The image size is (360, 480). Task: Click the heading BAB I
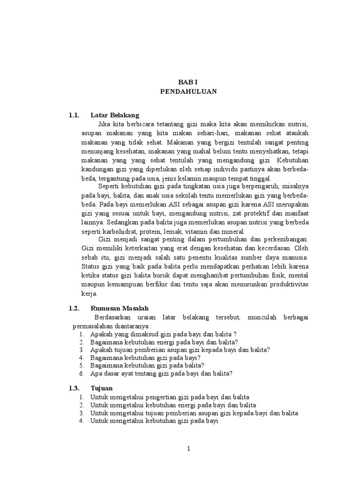(x=188, y=82)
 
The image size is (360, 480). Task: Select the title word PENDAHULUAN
(x=188, y=91)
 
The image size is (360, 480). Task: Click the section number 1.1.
(x=74, y=115)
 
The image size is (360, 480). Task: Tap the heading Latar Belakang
(x=115, y=115)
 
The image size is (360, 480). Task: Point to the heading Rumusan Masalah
(x=120, y=308)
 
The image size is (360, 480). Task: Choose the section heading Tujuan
(x=101, y=388)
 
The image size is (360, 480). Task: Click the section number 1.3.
(x=74, y=388)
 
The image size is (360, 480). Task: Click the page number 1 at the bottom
(x=188, y=449)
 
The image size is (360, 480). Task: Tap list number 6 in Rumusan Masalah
(x=81, y=374)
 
